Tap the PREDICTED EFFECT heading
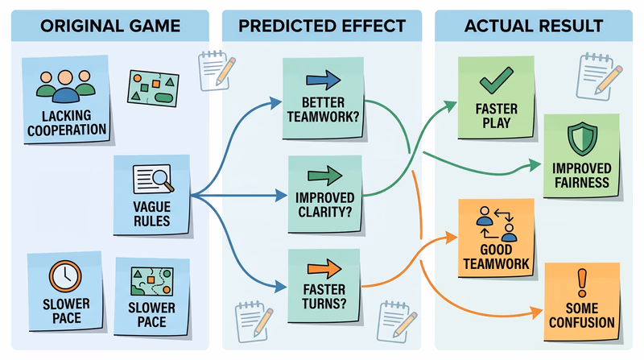coord(321,26)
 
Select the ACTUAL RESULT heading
coord(534,26)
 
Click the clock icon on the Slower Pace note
coord(64,276)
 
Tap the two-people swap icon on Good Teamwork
coord(496,224)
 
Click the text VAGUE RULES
coord(151,213)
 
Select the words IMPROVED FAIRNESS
coord(581,176)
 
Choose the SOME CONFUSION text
coord(582,315)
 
